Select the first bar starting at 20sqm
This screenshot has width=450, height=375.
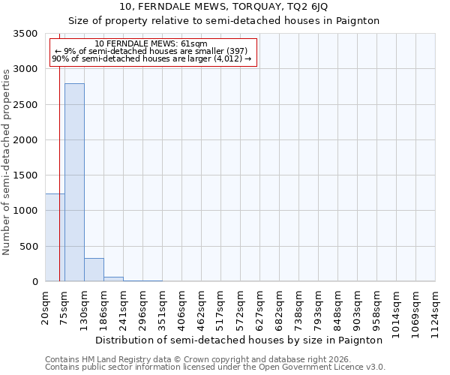click(x=55, y=237)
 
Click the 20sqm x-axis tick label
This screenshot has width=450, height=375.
click(x=46, y=307)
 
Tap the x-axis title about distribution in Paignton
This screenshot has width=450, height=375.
click(x=239, y=340)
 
